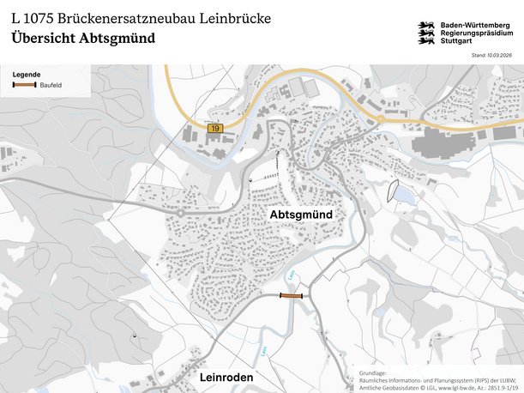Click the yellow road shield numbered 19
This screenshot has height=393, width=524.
pyautogui.click(x=213, y=128)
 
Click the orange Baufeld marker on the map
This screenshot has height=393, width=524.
pyautogui.click(x=292, y=295)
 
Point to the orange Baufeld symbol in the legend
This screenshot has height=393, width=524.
pyautogui.click(x=23, y=86)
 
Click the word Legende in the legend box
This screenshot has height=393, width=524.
pyautogui.click(x=26, y=75)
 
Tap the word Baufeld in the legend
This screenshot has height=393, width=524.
pyautogui.click(x=51, y=86)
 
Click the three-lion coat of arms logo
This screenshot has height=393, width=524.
pyautogui.click(x=426, y=33)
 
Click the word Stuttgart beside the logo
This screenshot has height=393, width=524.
pyautogui.click(x=456, y=41)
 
